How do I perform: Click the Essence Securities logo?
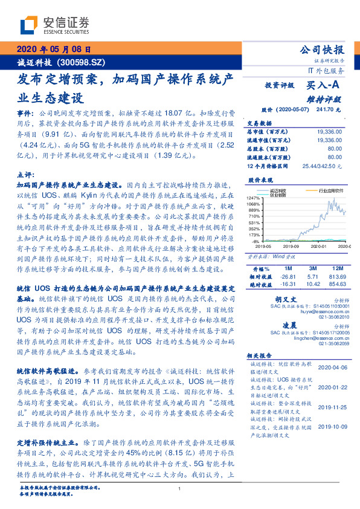[x=55, y=25]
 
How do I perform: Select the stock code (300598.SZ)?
[x=82, y=62]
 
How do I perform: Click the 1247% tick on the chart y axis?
[x=252, y=198]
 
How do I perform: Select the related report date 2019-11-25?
[x=330, y=408]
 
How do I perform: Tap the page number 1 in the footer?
[x=180, y=490]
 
